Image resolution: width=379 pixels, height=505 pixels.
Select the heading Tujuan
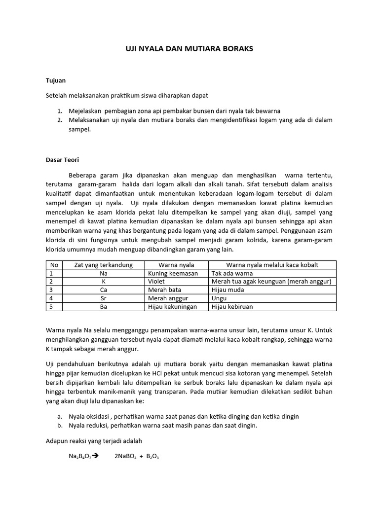click(56, 80)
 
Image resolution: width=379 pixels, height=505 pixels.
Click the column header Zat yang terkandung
click(103, 265)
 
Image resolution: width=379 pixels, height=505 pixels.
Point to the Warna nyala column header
click(176, 265)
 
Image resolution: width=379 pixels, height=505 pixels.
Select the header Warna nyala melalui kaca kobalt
click(272, 265)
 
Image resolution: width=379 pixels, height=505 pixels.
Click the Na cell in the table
click(103, 273)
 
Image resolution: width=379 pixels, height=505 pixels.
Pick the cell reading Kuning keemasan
click(173, 273)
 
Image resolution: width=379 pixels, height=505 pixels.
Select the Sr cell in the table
click(103, 298)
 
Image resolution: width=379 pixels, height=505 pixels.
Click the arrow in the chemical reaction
click(96, 456)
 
